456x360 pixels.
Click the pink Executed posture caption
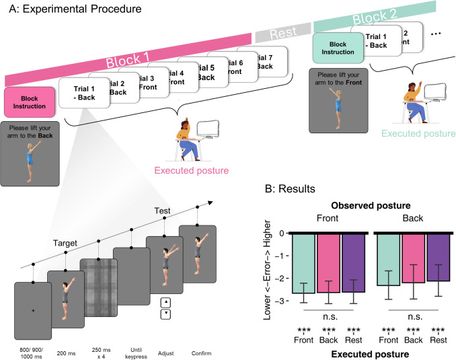192,171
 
